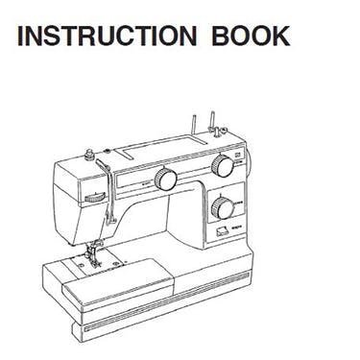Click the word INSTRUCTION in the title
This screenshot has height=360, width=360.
coord(103,36)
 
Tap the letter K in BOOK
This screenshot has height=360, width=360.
coord(279,36)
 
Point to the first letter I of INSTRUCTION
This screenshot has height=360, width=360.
coord(21,36)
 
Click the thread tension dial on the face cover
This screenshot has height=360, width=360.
coord(95,196)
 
